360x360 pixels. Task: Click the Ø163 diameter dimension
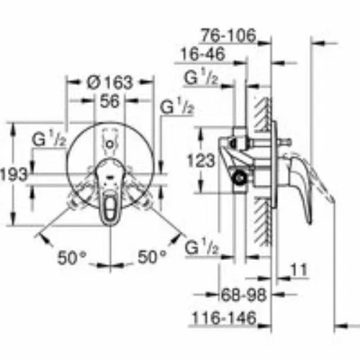(109, 82)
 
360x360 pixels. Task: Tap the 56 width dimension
(109, 101)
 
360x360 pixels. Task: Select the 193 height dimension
(14, 174)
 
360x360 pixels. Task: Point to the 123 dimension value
(201, 160)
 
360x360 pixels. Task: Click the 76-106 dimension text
(228, 35)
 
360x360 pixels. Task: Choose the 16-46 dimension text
(203, 54)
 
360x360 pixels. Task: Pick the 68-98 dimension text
(243, 294)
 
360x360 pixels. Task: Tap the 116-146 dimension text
(225, 318)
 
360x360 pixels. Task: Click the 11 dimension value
(299, 270)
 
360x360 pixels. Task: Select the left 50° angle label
(72, 258)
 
